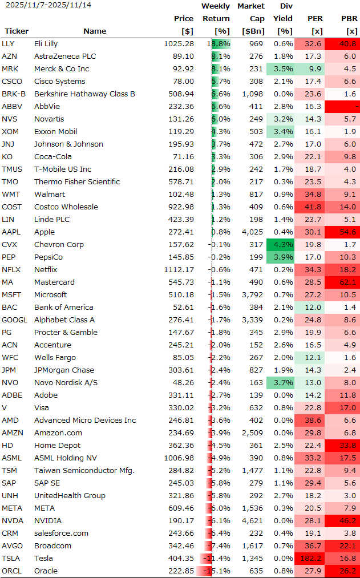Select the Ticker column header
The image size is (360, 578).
(17, 31)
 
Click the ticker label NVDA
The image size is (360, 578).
(12, 521)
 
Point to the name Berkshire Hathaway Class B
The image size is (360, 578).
(84, 94)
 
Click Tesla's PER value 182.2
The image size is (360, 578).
(310, 559)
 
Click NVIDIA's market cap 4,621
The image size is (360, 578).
(253, 521)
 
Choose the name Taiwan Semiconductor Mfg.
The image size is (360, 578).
(84, 471)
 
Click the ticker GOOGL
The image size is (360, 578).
(14, 320)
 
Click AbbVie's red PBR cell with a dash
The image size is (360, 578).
(344, 107)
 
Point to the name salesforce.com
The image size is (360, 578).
(61, 533)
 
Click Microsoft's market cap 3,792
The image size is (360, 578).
(253, 295)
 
